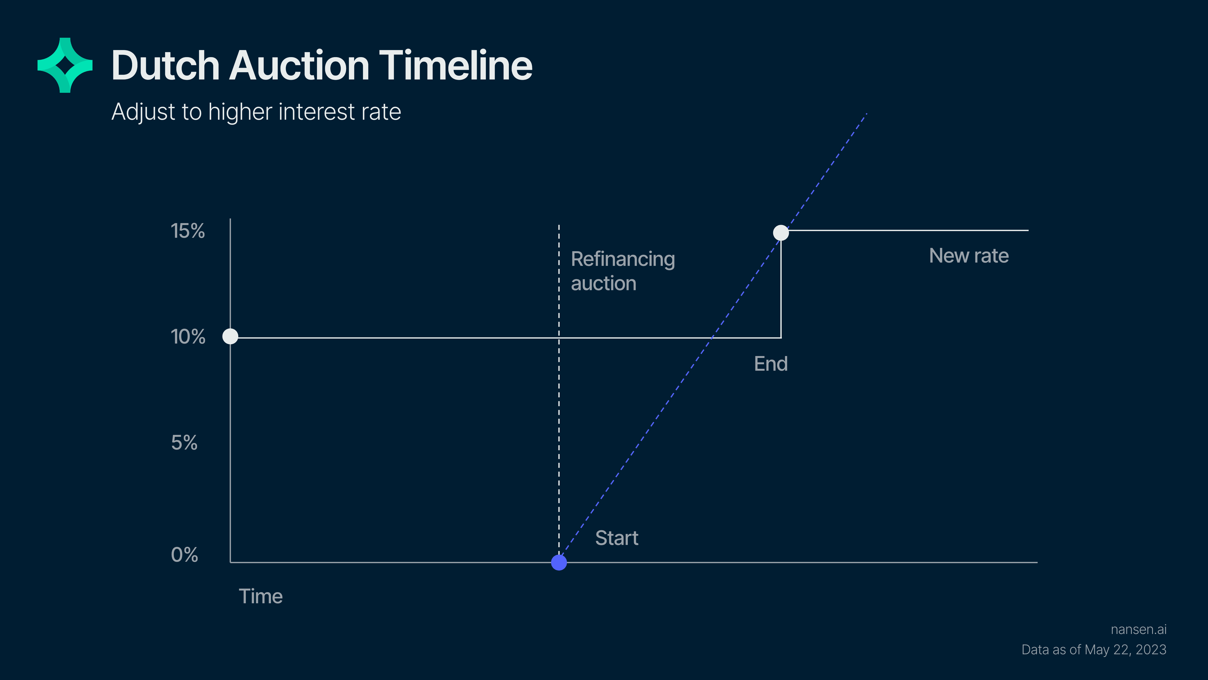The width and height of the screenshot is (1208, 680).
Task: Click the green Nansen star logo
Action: [x=65, y=65]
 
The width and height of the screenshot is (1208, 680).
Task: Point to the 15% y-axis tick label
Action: [x=188, y=231]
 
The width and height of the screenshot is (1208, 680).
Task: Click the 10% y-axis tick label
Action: [x=188, y=337]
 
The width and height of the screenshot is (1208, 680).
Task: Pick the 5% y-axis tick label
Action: [x=184, y=442]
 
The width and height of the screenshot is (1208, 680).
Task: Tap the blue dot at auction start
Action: [x=559, y=562]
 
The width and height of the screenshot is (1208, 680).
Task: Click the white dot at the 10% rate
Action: [x=230, y=336]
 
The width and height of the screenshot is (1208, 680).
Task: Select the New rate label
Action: [x=969, y=256]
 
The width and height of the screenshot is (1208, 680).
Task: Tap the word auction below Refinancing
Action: [x=604, y=283]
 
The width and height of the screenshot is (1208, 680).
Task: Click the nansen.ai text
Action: [x=1139, y=629]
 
